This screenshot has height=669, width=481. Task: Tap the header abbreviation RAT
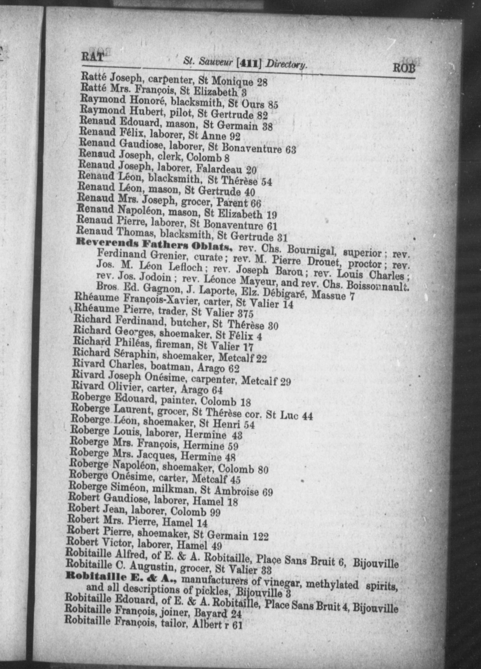point(93,56)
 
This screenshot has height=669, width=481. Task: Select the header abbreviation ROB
point(404,68)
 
